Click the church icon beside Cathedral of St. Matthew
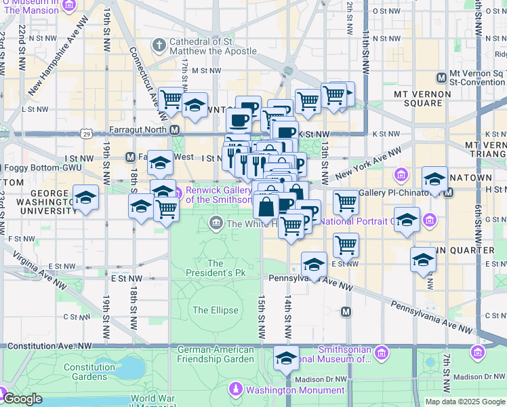[159, 45]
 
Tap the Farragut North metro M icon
[175, 130]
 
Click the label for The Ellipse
[215, 310]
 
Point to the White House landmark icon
[216, 222]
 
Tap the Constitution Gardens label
[89, 372]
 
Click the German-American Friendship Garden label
[216, 355]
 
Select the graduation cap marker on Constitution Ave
[286, 357]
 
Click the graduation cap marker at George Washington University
[85, 198]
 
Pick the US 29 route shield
[86, 134]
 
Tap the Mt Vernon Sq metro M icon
[441, 76]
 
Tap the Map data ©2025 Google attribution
[464, 402]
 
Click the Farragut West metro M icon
[130, 157]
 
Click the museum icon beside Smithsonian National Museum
[381, 353]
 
